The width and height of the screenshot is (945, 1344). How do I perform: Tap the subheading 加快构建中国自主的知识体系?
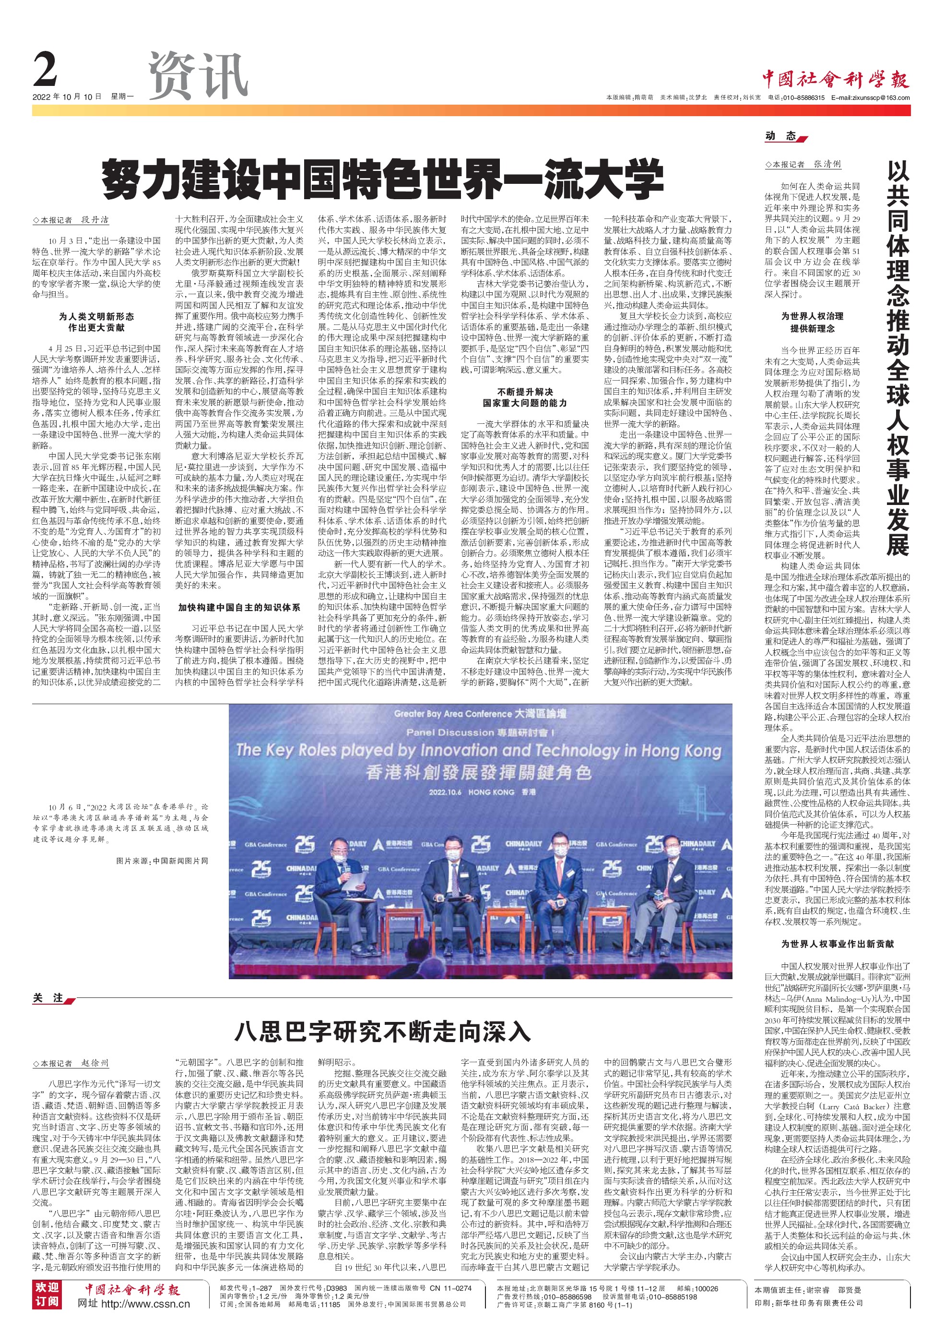(239, 608)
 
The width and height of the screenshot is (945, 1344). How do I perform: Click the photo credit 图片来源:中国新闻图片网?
(162, 861)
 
